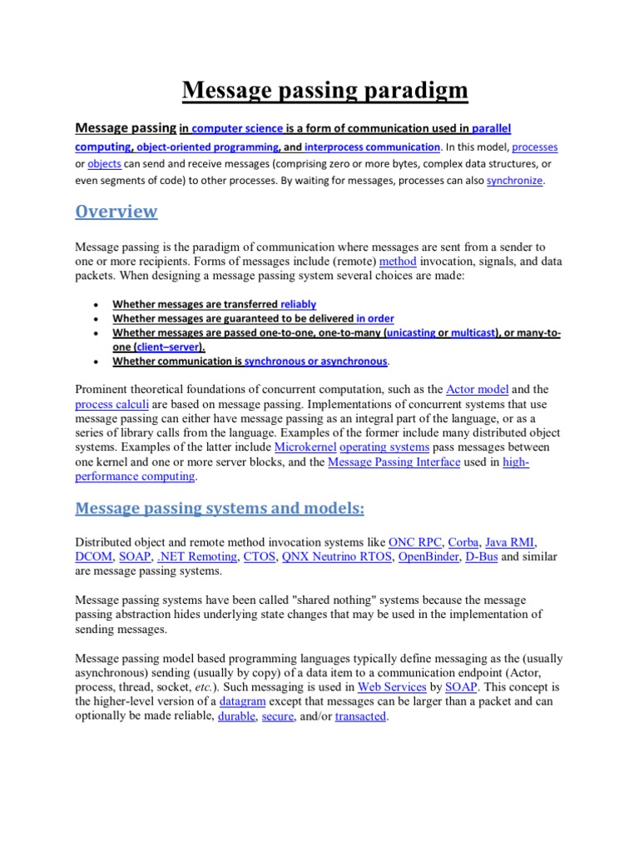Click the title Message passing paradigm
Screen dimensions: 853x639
pos(325,91)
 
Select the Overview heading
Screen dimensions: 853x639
pos(116,212)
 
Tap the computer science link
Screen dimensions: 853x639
pos(237,128)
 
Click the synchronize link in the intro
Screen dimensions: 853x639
pos(514,181)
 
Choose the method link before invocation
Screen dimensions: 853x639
pos(398,261)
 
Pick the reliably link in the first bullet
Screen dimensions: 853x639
pos(298,305)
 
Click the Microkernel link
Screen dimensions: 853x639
pos(305,447)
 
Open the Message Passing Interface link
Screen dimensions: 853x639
pos(394,462)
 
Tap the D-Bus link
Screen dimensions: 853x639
pos(481,556)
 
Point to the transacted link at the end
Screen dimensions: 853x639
pos(360,717)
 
